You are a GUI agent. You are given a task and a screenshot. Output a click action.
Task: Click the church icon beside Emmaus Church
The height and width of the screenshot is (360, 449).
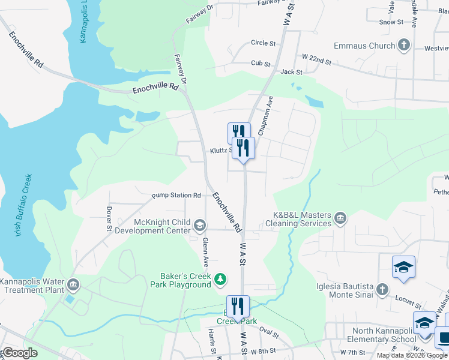click(x=404, y=45)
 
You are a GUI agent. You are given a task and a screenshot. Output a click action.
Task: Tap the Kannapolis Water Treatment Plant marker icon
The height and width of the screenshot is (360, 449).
click(x=73, y=284)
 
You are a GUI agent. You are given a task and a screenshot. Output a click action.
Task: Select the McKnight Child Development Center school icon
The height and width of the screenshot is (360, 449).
click(x=199, y=226)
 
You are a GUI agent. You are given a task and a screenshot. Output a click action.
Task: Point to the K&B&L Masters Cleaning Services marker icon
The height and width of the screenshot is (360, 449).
click(x=340, y=218)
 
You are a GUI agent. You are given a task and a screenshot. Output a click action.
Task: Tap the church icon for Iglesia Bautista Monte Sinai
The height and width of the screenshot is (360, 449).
click(x=382, y=290)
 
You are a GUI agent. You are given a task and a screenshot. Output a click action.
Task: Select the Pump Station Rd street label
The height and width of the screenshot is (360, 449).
click(x=176, y=196)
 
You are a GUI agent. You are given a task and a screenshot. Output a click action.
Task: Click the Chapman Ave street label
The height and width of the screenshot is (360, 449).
click(x=265, y=115)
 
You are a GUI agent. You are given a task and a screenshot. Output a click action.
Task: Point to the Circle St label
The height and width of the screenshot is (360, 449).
click(x=263, y=43)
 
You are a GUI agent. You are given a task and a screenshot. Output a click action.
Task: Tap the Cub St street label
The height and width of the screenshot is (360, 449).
click(x=261, y=63)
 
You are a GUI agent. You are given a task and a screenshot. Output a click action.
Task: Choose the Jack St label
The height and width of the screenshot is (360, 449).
click(x=291, y=72)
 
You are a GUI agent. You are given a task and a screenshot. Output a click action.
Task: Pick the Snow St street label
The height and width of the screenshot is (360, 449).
click(x=391, y=22)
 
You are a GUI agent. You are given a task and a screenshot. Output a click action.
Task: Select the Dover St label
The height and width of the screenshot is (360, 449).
click(x=109, y=219)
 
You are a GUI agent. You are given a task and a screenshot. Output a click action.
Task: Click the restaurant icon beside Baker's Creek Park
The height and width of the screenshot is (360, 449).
click(x=238, y=306)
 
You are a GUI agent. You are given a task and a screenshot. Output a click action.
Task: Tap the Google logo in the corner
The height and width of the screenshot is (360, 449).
click(x=20, y=353)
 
